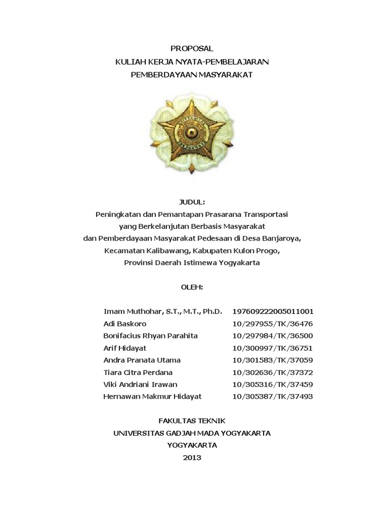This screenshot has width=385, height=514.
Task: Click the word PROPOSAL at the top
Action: coord(192,49)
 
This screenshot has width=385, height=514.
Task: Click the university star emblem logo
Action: coord(192,132)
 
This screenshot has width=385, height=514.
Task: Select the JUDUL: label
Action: coord(192,202)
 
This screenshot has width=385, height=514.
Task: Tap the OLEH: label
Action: coord(192,287)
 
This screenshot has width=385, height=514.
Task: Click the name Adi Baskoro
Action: coord(125,324)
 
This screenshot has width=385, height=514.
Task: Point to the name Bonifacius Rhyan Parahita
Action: coord(150,336)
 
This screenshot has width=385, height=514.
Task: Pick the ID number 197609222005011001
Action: coord(273,311)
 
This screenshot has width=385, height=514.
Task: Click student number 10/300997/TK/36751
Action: coord(273,348)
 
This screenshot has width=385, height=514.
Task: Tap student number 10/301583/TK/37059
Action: coord(273,360)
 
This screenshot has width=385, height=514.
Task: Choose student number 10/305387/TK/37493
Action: coord(273,396)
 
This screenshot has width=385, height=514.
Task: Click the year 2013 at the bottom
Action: coord(192,457)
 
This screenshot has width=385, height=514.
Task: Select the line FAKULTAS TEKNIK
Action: coord(192,421)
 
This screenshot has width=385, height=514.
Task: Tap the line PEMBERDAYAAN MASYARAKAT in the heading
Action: coord(192,74)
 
